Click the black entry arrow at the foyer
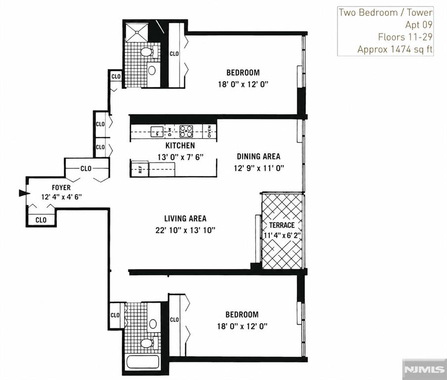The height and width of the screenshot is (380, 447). [x=24, y=193]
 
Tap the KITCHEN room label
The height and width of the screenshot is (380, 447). [x=180, y=145]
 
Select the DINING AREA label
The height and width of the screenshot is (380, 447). [x=259, y=156]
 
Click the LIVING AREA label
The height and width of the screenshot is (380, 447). [x=185, y=219]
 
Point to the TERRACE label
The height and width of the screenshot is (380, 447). [x=282, y=225]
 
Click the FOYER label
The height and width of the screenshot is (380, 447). [x=61, y=188]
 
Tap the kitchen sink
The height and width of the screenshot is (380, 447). [x=157, y=132]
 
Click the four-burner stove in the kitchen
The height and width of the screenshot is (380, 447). [x=186, y=131]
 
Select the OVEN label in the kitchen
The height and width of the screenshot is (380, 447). [x=210, y=131]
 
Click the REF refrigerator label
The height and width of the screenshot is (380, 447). [x=140, y=169]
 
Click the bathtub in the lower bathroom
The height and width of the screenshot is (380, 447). [x=142, y=362]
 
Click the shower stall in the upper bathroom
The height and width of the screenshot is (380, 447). [x=137, y=33]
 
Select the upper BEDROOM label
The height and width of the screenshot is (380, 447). [x=243, y=72]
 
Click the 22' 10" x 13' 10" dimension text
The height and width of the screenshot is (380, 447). [x=185, y=230]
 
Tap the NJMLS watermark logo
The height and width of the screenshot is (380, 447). [x=424, y=369]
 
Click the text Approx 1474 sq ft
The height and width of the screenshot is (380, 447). [x=395, y=49]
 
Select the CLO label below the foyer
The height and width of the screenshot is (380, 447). [x=41, y=220]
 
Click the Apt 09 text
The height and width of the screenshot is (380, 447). [x=419, y=25]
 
